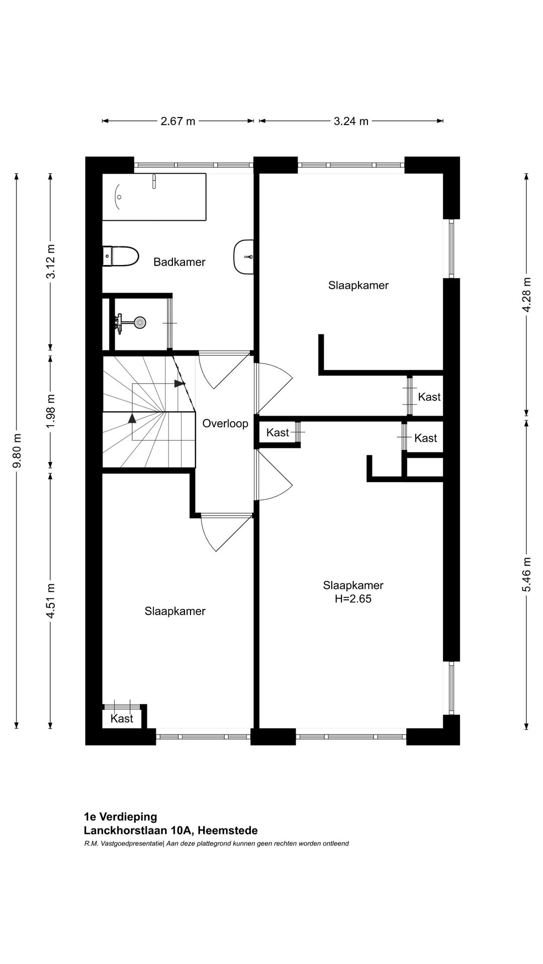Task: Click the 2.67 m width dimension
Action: pyautogui.click(x=178, y=121)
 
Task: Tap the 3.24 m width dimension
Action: pyautogui.click(x=351, y=121)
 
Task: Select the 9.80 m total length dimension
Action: pyautogui.click(x=17, y=450)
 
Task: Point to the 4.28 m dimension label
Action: pyautogui.click(x=526, y=295)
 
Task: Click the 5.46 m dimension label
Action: pyautogui.click(x=526, y=574)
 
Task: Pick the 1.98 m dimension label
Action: pyautogui.click(x=50, y=412)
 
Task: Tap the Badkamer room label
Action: pyautogui.click(x=179, y=262)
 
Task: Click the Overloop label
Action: pyautogui.click(x=225, y=423)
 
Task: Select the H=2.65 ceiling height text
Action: pyautogui.click(x=353, y=598)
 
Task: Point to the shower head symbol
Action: pyautogui.click(x=139, y=322)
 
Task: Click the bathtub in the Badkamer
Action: pyautogui.click(x=154, y=197)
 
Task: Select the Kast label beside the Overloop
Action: pyautogui.click(x=278, y=432)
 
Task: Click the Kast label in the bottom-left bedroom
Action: pyautogui.click(x=122, y=718)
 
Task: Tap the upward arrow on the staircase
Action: pyautogui.click(x=132, y=418)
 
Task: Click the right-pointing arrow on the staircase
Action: pyautogui.click(x=179, y=384)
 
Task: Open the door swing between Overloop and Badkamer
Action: pyautogui.click(x=221, y=371)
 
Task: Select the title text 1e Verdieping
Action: pyautogui.click(x=121, y=817)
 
